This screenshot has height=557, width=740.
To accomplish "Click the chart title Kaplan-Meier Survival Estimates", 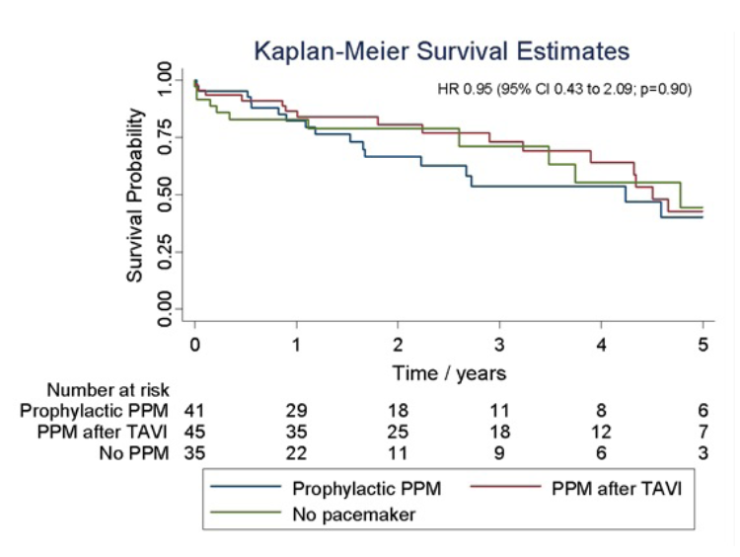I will pyautogui.click(x=441, y=49).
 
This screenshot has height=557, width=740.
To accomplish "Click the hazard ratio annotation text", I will pyautogui.click(x=565, y=89).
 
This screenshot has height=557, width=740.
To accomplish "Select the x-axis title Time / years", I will pyautogui.click(x=449, y=372).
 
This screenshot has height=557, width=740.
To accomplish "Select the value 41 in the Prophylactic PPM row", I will pyautogui.click(x=196, y=409).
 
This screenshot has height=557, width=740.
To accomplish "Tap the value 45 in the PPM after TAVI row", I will pyautogui.click(x=196, y=430).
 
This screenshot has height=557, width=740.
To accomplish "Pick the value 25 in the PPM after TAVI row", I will pyautogui.click(x=398, y=430).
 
